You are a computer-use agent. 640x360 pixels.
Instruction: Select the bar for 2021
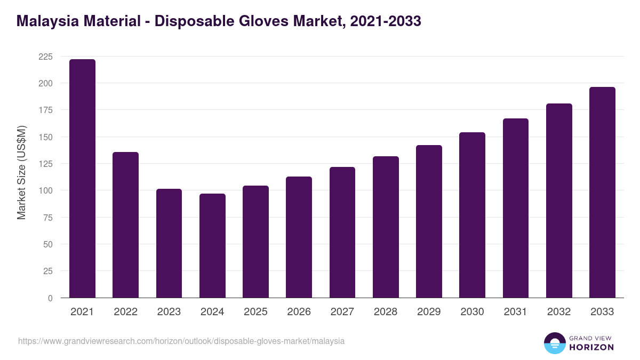82,179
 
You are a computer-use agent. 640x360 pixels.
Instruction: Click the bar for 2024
212,246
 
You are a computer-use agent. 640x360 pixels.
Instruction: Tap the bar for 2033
602,193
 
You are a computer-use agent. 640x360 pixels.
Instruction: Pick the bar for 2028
386,227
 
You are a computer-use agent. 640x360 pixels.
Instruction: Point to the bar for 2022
125,225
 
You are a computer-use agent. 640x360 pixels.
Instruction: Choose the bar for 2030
472,215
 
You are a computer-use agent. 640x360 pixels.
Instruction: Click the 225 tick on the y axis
46,57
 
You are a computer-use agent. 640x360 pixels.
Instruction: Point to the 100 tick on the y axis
46,190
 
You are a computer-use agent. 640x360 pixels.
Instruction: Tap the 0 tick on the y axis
50,298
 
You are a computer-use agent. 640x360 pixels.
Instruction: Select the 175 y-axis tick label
46,110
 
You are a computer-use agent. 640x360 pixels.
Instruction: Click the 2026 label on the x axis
299,312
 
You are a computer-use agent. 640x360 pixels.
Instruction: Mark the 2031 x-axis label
515,312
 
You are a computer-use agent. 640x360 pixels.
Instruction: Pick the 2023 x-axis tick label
169,312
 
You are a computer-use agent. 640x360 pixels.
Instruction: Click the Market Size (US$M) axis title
21,172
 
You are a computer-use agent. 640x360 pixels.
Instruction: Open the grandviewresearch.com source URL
181,341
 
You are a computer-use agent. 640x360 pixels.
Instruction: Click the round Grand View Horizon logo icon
555,343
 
